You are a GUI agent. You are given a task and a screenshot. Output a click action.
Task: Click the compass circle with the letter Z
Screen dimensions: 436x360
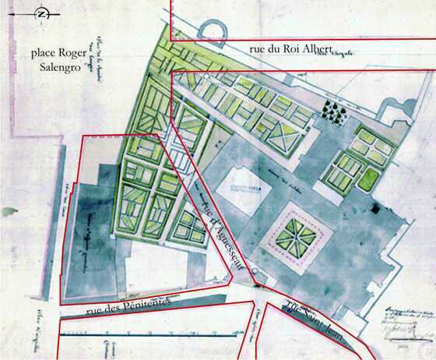pyautogui.click(x=42, y=14)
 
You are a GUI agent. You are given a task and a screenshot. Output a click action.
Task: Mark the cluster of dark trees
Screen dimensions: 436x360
pyautogui.click(x=336, y=114)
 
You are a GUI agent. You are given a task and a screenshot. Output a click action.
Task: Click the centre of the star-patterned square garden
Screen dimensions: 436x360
pyautogui.click(x=295, y=234)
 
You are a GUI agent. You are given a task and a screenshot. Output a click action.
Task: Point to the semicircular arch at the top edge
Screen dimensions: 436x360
pyautogui.click(x=213, y=30)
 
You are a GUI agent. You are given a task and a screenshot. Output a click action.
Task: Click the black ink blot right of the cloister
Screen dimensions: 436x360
pyautogui.click(x=376, y=208)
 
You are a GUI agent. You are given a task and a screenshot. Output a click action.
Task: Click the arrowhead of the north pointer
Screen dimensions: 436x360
pyautogui.click(x=18, y=14)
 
